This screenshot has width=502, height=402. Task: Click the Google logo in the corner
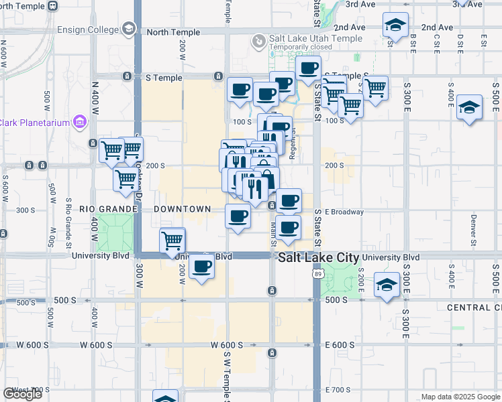coord(22,394)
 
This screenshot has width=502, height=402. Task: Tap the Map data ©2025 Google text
coord(460,397)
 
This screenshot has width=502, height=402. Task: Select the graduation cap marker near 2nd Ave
coord(395,26)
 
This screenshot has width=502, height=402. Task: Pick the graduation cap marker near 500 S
coord(387,285)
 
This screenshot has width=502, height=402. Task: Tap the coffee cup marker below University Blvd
coord(201,267)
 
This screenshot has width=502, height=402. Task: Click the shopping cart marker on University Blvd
coord(172,240)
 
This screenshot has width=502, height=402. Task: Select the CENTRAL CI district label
coord(474,307)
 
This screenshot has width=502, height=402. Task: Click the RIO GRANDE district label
coord(109,209)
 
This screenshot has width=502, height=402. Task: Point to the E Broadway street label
coord(344,212)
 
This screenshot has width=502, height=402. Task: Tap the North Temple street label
coord(173,32)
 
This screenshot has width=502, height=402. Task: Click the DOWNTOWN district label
coord(183,209)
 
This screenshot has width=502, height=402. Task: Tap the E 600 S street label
coord(340,345)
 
